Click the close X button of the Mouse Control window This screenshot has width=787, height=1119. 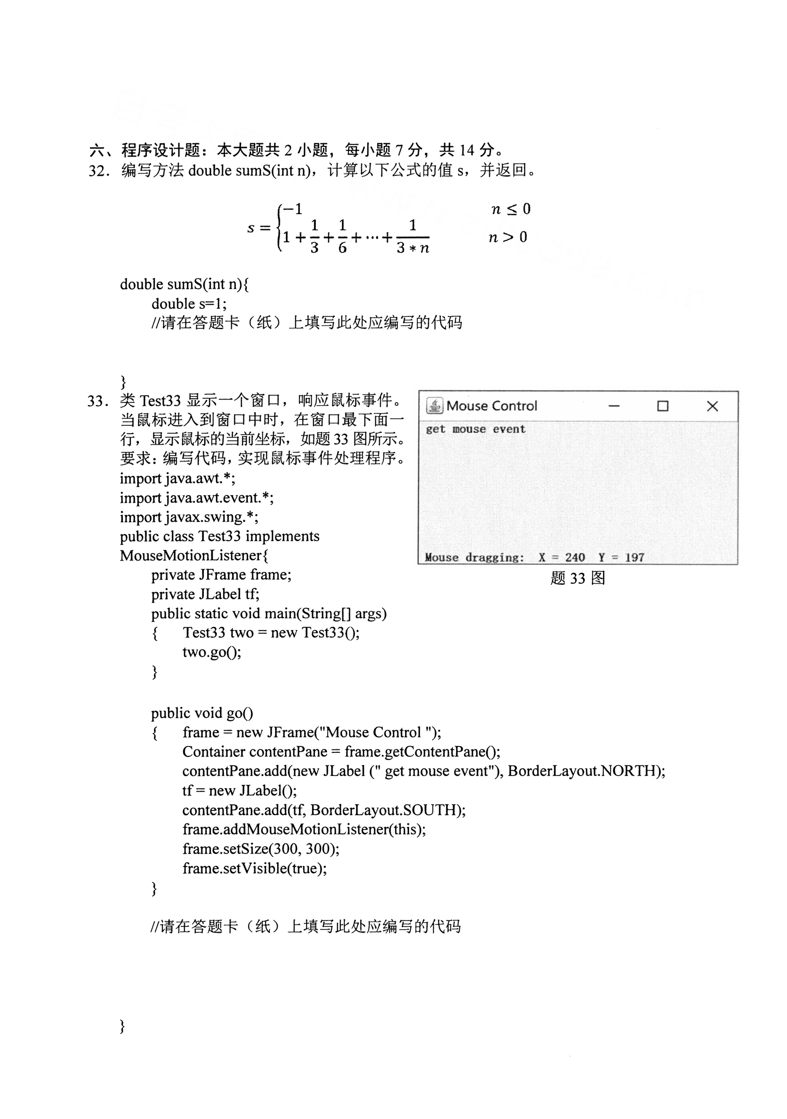pyautogui.click(x=712, y=406)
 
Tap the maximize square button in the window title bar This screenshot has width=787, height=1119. pyautogui.click(x=662, y=406)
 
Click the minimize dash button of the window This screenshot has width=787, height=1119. pyautogui.click(x=614, y=406)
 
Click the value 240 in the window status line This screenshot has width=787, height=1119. pyautogui.click(x=575, y=557)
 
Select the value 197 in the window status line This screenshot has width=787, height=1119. pyautogui.click(x=634, y=557)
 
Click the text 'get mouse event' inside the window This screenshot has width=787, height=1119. pyautogui.click(x=475, y=429)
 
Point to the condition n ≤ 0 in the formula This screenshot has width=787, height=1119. pyautogui.click(x=510, y=210)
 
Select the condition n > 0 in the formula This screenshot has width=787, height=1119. pyautogui.click(x=508, y=237)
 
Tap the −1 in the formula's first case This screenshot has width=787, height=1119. pyautogui.click(x=293, y=209)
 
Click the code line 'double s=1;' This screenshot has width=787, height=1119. pyautogui.click(x=189, y=304)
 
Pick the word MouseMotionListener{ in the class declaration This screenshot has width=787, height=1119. pyautogui.click(x=194, y=556)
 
